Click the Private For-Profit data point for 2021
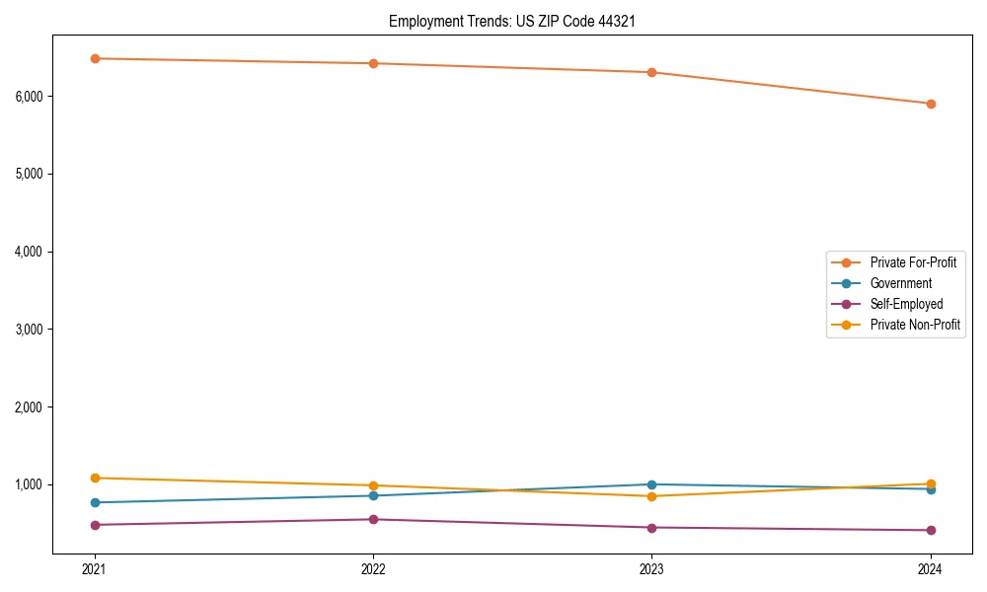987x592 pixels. point(95,58)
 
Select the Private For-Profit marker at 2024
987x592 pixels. point(931,104)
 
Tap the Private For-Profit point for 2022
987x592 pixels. point(373,63)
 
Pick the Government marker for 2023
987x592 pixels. point(652,484)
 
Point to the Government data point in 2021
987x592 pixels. point(95,502)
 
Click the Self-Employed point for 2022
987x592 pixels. point(373,519)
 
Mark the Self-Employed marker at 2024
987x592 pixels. point(931,530)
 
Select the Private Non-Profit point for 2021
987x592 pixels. point(95,478)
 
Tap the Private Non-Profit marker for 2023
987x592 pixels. point(652,496)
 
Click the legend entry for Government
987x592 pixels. point(900,283)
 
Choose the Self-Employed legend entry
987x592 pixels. point(906,304)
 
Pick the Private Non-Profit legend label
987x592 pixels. point(915,325)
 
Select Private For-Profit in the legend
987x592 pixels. point(913,262)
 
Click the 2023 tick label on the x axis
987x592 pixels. point(652,568)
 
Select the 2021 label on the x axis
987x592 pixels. point(95,568)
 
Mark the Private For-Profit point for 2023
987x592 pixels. point(652,72)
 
